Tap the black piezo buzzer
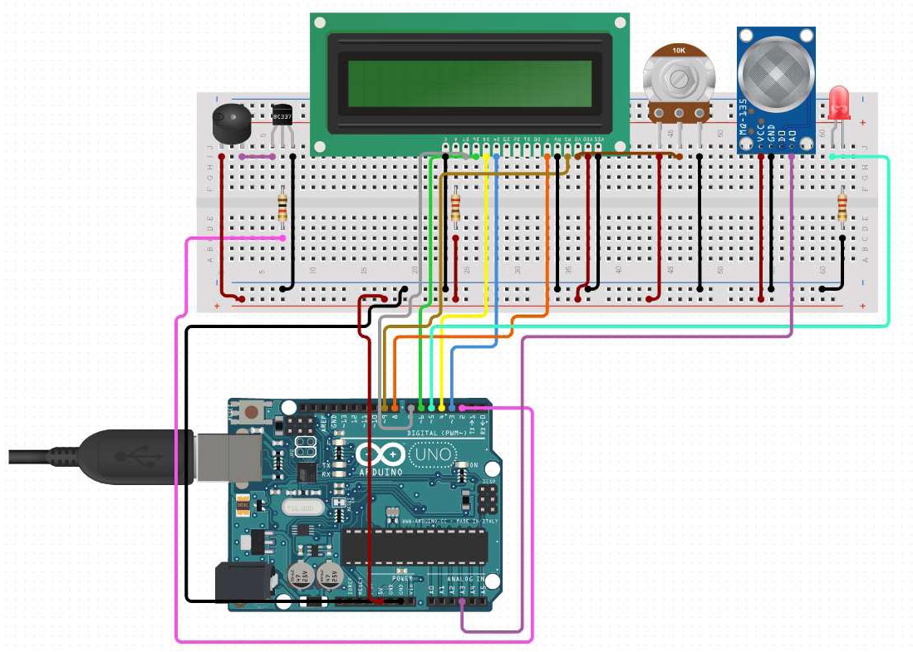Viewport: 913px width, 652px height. [228, 122]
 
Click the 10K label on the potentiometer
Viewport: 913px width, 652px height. [679, 51]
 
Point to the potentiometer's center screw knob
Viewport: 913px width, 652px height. [680, 79]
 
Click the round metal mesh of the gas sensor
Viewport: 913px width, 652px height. [775, 76]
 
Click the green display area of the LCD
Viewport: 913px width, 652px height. [470, 84]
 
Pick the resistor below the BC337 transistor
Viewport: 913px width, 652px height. [282, 208]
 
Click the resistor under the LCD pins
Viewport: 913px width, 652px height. [455, 208]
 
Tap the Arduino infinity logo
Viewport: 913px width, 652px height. [380, 455]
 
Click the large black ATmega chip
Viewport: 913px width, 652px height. [415, 546]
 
